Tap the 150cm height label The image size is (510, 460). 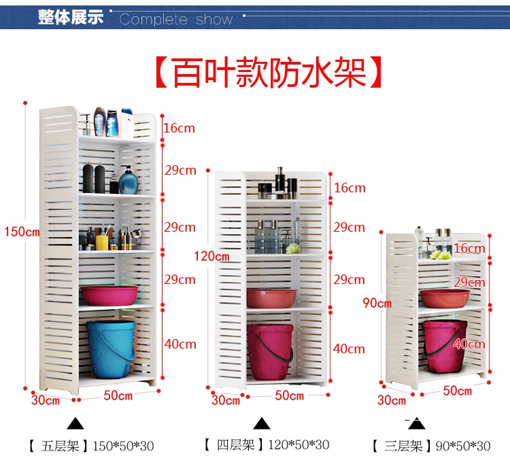click(22, 232)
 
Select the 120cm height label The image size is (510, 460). click(211, 256)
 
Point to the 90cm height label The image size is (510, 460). click(377, 303)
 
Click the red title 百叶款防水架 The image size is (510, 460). click(266, 72)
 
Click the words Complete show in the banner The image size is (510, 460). click(176, 20)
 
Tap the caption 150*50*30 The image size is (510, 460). click(123, 446)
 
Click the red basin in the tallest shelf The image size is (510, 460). click(109, 295)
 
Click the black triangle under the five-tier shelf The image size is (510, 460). click(75, 424)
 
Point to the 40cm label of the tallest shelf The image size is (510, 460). click(180, 344)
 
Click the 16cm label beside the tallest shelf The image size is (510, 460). click(179, 128)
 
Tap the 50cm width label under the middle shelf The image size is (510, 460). click(290, 395)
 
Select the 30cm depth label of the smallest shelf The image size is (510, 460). click(392, 400)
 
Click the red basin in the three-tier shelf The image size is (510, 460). click(445, 298)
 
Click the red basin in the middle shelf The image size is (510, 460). click(271, 298)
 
